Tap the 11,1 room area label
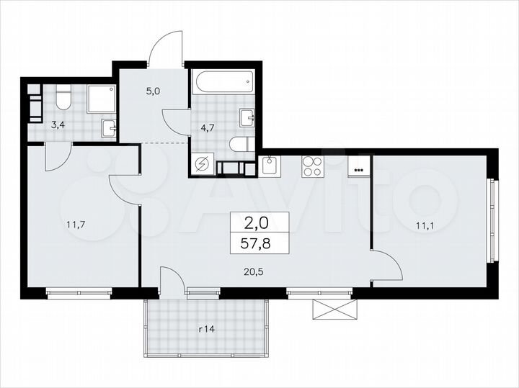click(x=425, y=225)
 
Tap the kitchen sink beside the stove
click(x=270, y=167)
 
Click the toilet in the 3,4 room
click(x=63, y=98)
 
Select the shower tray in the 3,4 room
click(x=102, y=99)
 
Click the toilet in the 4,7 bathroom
click(x=238, y=145)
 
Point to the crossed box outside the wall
click(x=334, y=308)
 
